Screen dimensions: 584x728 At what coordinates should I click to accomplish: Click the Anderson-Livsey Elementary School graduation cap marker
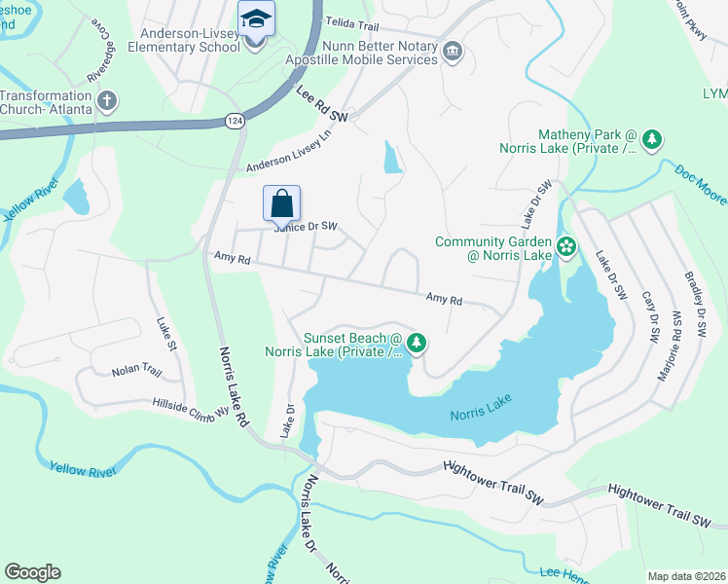point(257,19)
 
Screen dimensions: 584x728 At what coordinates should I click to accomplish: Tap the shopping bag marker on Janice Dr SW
point(281,203)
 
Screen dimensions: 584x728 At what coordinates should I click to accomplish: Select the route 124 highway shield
point(234,120)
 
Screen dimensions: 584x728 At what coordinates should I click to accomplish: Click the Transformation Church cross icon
point(107,101)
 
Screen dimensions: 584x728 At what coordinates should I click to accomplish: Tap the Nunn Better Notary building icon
point(452,52)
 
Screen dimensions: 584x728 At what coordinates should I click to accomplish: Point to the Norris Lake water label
point(481,415)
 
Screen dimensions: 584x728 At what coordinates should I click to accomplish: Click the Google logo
point(32,571)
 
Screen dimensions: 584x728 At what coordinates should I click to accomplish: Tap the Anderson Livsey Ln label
point(289,152)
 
